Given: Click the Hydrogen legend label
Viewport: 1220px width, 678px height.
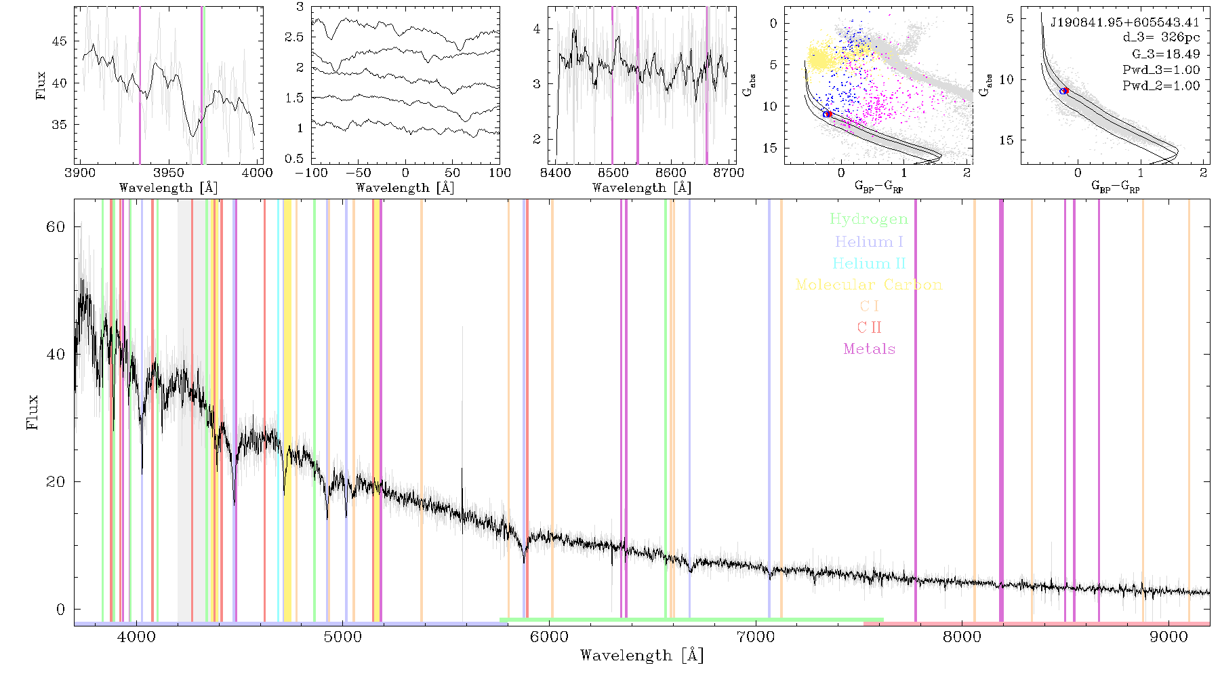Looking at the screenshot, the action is click(x=868, y=219).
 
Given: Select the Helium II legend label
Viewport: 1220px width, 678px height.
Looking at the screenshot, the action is click(x=869, y=263).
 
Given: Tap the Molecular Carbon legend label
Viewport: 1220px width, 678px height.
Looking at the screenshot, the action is click(x=869, y=285).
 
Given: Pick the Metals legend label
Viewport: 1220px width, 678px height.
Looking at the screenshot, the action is click(x=870, y=349).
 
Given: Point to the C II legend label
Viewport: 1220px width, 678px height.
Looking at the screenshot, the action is click(x=870, y=327).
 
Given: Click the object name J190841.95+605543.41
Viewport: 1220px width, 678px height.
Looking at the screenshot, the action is click(x=1124, y=22).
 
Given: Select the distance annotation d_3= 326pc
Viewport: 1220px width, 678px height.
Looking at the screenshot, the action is click(x=1161, y=38).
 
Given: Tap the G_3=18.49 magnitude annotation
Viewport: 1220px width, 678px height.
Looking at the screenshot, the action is click(x=1166, y=54).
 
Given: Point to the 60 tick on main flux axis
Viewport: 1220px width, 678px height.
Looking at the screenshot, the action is click(x=56, y=226).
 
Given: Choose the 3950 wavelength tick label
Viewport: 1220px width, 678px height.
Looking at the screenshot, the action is click(x=169, y=173).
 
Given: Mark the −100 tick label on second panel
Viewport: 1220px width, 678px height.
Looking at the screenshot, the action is click(x=314, y=173).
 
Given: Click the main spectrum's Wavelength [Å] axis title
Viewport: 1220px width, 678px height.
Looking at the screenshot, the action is click(x=642, y=656).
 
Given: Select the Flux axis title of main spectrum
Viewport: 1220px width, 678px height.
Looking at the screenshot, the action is click(x=32, y=412).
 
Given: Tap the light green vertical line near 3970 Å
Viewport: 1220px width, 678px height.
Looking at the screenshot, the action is click(x=203, y=85).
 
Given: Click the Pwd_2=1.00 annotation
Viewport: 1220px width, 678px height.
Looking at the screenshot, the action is click(x=1161, y=86).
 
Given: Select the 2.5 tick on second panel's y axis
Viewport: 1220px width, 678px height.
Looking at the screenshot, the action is click(x=294, y=37).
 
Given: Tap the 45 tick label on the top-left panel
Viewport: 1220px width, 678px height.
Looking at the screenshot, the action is click(x=59, y=41).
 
